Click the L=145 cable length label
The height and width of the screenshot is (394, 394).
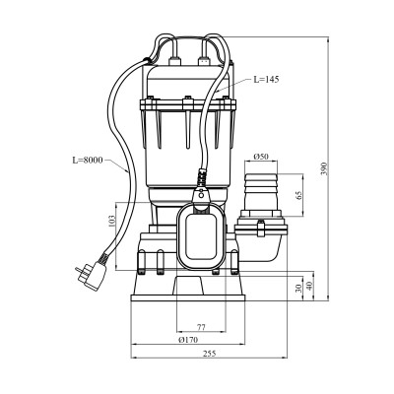(266, 79)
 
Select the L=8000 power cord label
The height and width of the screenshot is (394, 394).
(88, 161)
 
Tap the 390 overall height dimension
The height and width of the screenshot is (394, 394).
(324, 168)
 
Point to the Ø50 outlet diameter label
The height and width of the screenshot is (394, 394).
(261, 157)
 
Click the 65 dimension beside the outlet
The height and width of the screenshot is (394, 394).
(298, 196)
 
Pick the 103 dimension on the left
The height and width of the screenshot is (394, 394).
(111, 222)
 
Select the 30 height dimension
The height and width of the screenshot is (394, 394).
(298, 289)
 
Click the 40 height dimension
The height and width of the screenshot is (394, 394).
(309, 286)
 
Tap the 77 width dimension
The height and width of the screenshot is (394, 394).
(201, 327)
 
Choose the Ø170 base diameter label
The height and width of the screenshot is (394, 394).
(188, 340)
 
